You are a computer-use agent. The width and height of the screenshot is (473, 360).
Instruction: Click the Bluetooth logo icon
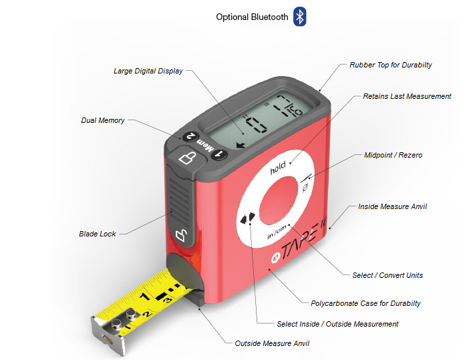pos(300,17)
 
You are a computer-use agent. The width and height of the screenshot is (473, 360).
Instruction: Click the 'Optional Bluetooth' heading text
pos(252,17)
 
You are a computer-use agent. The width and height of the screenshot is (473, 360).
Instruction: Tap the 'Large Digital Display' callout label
pos(148,71)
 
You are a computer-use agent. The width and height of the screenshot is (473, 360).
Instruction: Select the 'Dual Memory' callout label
pos(102,121)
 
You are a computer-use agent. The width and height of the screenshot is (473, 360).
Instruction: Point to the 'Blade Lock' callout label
pos(97,234)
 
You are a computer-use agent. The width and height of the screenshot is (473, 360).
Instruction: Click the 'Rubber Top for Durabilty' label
pos(391,65)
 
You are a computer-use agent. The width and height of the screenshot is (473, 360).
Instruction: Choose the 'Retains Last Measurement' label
pos(407,96)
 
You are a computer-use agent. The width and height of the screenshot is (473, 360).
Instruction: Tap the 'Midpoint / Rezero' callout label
pos(393,155)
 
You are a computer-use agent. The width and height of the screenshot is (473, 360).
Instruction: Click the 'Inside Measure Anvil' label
pos(392,206)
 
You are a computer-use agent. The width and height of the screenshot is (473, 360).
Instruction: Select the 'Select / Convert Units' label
pos(387,275)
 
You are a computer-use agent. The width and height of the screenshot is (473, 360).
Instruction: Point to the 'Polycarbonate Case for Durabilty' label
pos(365,303)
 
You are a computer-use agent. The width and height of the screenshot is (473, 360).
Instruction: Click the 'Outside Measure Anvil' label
pos(272,343)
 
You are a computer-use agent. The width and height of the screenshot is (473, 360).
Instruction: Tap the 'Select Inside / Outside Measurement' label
pos(337,324)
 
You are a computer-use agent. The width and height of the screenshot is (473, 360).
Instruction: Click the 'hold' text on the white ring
pos(278,168)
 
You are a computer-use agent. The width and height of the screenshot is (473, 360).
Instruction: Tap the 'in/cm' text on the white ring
pos(277,232)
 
